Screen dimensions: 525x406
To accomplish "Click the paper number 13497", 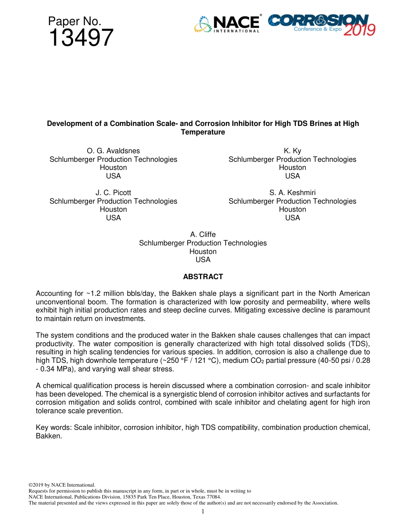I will [81, 38].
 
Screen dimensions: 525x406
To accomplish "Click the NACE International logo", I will [227, 24].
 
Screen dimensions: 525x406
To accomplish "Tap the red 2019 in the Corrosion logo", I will [359, 30].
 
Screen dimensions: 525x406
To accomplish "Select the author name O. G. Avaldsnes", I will [113, 151].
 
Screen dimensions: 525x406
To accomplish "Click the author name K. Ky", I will [292, 151].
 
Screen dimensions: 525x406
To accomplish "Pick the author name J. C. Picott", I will [113, 192].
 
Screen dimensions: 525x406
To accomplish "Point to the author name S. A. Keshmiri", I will [292, 192].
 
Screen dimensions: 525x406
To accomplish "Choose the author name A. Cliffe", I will [203, 234].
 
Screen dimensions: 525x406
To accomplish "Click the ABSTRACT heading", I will [203, 277].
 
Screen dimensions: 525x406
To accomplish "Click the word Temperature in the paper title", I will [203, 132].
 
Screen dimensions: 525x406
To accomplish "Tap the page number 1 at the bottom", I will [203, 511].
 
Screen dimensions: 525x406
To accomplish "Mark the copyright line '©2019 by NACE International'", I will [62, 485].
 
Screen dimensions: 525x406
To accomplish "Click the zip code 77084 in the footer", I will [214, 497].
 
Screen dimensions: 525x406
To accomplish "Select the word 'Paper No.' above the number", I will [74, 21].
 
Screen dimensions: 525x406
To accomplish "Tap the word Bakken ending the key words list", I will [48, 436].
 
